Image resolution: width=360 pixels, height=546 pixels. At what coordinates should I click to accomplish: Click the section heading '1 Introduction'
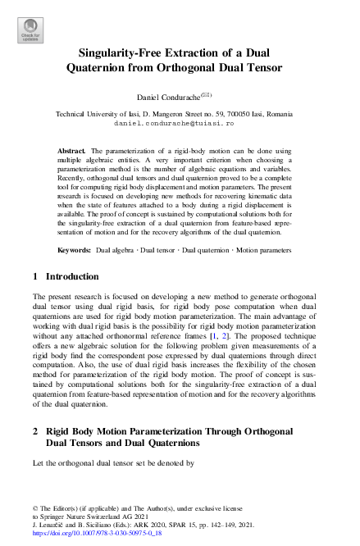tap(66, 277)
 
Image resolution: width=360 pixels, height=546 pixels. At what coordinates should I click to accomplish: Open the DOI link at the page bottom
tap(96, 533)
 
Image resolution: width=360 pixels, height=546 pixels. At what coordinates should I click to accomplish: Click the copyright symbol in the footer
tap(35, 508)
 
